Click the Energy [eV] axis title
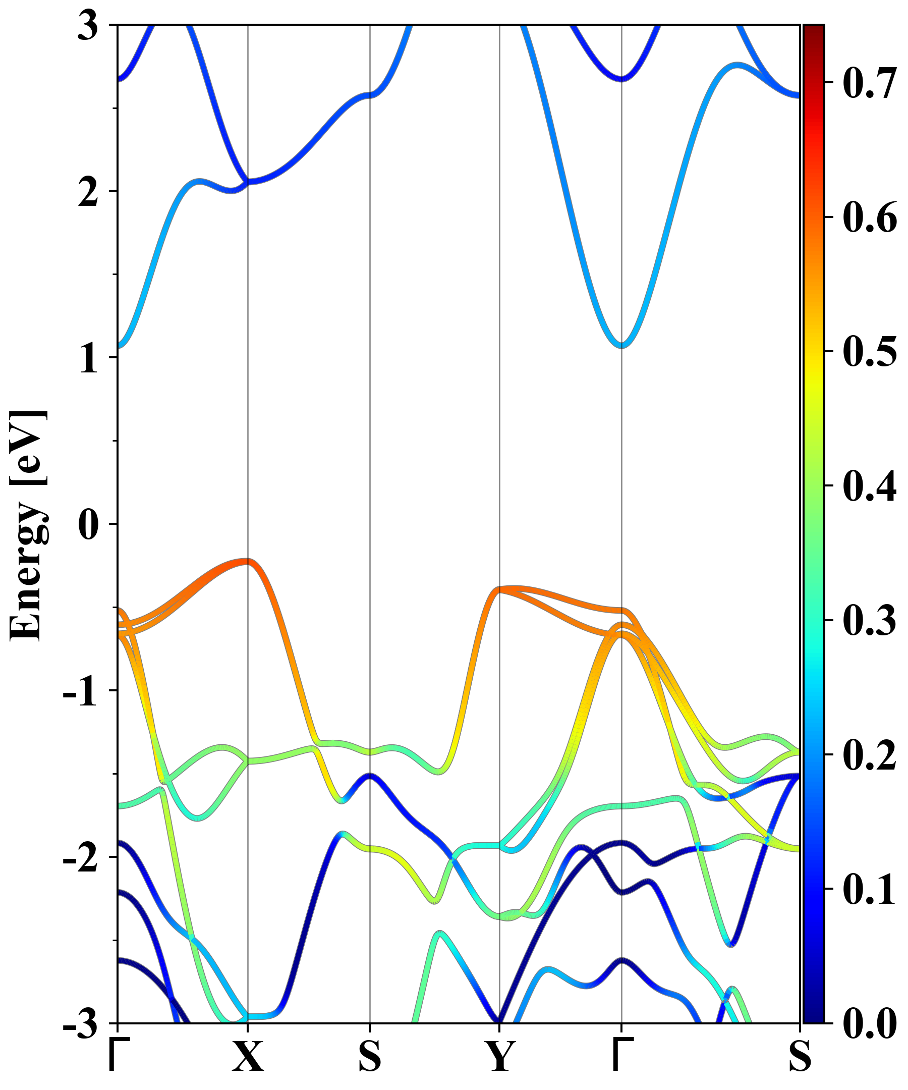(x=29, y=524)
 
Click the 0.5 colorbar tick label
(x=870, y=352)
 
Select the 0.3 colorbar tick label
(x=870, y=621)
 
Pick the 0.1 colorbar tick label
(x=870, y=890)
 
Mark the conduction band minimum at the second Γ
(x=621, y=346)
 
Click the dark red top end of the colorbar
(x=814, y=28)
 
